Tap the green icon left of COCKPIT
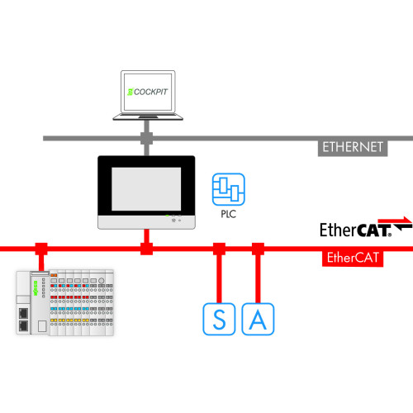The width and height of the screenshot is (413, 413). [x=128, y=91]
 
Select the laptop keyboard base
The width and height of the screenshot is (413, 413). [x=146, y=117]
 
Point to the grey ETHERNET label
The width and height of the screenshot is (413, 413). [x=353, y=148]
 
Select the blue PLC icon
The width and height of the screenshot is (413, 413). [x=225, y=189]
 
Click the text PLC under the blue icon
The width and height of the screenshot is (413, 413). [x=229, y=212]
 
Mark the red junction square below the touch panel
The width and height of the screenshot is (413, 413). [x=146, y=247]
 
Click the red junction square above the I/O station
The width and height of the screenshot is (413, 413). [x=39, y=247]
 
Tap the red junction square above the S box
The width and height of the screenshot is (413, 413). [x=218, y=247]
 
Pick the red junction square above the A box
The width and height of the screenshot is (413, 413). [x=257, y=247]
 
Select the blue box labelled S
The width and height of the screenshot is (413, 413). [x=219, y=319]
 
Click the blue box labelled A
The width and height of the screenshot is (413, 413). [x=258, y=319]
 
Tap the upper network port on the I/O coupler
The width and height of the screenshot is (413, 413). [x=25, y=313]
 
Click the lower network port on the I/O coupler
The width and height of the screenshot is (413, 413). [x=25, y=326]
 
